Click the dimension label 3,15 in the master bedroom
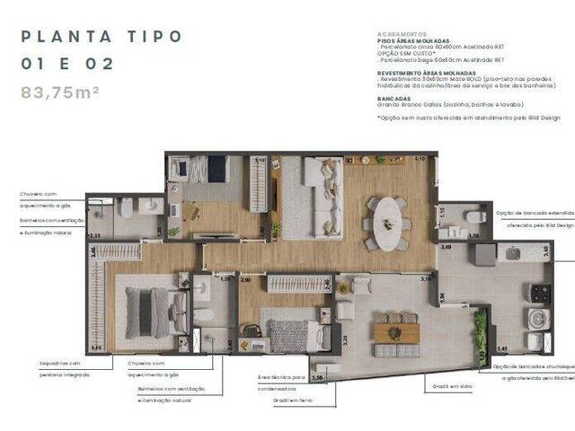(x=96, y=347)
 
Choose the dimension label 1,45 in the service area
(x=503, y=347)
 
